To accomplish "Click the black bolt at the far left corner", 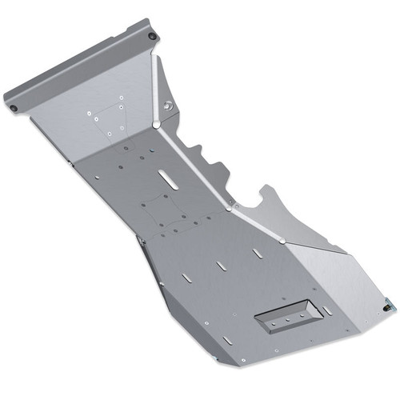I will point(11,106).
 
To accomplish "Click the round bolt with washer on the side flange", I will point(168,106).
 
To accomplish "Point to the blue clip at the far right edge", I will point(390,304).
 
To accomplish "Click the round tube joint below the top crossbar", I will point(154,125).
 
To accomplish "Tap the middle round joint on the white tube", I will point(230,208).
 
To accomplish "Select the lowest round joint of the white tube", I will point(282,240).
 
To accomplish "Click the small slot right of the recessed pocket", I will point(327,310).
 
